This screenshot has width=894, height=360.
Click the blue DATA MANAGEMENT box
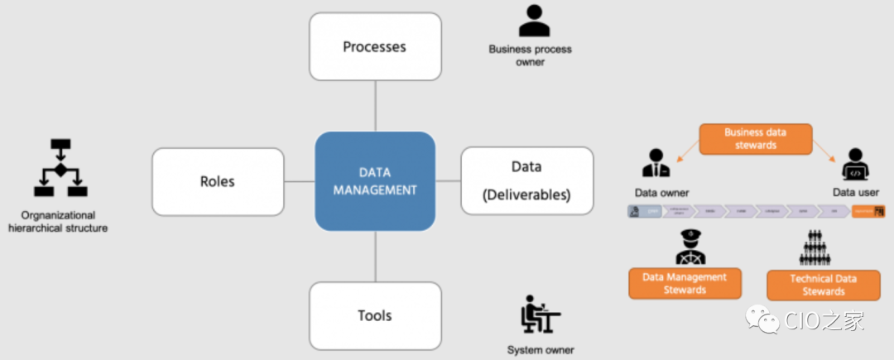click(x=375, y=181)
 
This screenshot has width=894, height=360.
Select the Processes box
click(x=374, y=46)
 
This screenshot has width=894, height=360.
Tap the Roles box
click(x=218, y=181)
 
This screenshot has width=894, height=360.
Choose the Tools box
click(x=374, y=315)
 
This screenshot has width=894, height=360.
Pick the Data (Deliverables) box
click(x=526, y=181)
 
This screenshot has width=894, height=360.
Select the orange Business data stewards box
click(x=755, y=138)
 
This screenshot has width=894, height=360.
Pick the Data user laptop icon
click(x=855, y=166)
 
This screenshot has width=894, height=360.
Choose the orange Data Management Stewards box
click(x=685, y=283)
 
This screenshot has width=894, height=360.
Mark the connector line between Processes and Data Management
click(x=375, y=105)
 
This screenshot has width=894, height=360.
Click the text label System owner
click(x=541, y=350)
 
